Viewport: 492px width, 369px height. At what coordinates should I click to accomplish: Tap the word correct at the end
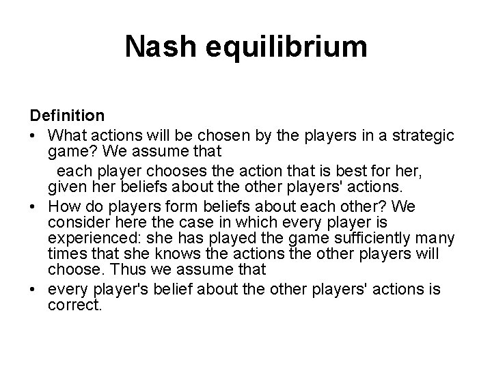coord(74,305)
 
